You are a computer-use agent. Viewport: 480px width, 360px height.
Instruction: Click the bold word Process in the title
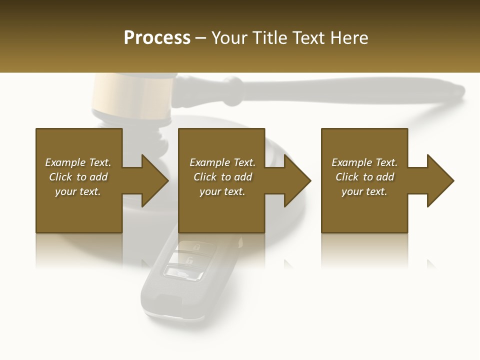(157, 38)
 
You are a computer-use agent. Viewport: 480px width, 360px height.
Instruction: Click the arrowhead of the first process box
(154, 180)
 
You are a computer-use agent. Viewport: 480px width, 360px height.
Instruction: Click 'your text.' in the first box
(78, 191)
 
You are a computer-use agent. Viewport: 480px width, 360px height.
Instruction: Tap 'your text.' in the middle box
(222, 191)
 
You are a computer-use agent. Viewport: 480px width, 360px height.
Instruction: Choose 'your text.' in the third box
(364, 191)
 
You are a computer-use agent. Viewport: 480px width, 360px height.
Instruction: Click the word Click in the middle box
(205, 177)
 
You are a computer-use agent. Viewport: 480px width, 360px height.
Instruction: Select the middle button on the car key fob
(189, 260)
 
